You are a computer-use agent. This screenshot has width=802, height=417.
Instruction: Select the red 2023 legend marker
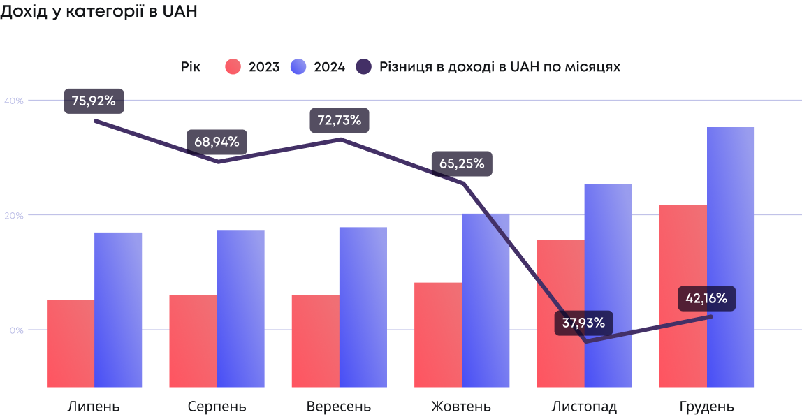pos(233,67)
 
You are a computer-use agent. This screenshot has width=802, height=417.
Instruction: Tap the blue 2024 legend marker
pos(298,67)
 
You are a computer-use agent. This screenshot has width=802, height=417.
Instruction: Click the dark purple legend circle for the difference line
pos(364,67)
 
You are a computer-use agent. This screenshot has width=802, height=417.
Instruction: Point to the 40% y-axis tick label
pos(14,101)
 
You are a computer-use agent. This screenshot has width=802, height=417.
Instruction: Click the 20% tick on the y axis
pos(14,215)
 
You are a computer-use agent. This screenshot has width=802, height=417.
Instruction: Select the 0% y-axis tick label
pos(16,330)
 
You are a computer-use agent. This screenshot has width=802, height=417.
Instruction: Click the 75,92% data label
pos(94,101)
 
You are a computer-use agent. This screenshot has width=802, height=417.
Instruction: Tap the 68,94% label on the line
pos(217,142)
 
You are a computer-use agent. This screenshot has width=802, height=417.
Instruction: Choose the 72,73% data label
pos(340,120)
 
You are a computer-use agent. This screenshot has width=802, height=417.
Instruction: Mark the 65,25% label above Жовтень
pos(462,163)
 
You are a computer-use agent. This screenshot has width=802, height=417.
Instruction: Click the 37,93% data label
pos(584,323)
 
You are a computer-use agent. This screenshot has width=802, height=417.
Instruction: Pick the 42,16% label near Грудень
pos(707,299)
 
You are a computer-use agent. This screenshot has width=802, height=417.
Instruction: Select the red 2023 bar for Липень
pos(71,344)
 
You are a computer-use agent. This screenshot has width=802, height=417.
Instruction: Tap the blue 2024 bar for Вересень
pos(363,307)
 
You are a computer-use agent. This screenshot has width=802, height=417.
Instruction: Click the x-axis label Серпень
pos(217,407)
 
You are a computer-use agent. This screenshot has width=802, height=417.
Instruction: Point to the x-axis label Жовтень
pos(461,407)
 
